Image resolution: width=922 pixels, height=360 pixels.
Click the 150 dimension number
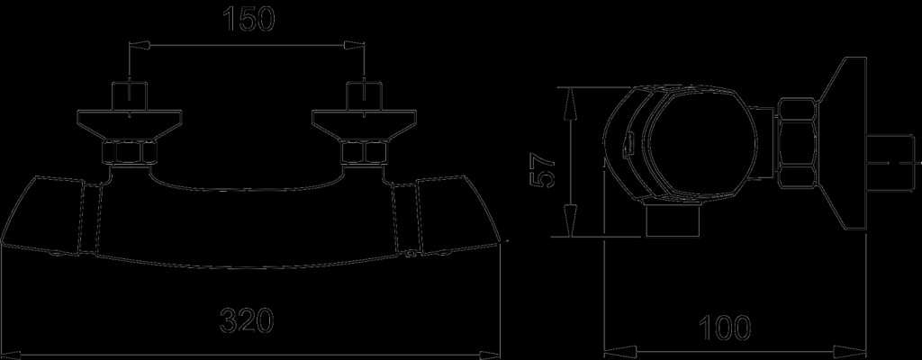tap(249, 20)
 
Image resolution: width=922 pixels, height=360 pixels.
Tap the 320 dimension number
tap(247, 321)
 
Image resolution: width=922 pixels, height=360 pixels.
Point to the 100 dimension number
tap(725, 328)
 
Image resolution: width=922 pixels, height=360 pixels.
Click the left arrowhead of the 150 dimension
tap(139, 45)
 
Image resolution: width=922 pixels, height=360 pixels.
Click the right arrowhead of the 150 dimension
tap(354, 45)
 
